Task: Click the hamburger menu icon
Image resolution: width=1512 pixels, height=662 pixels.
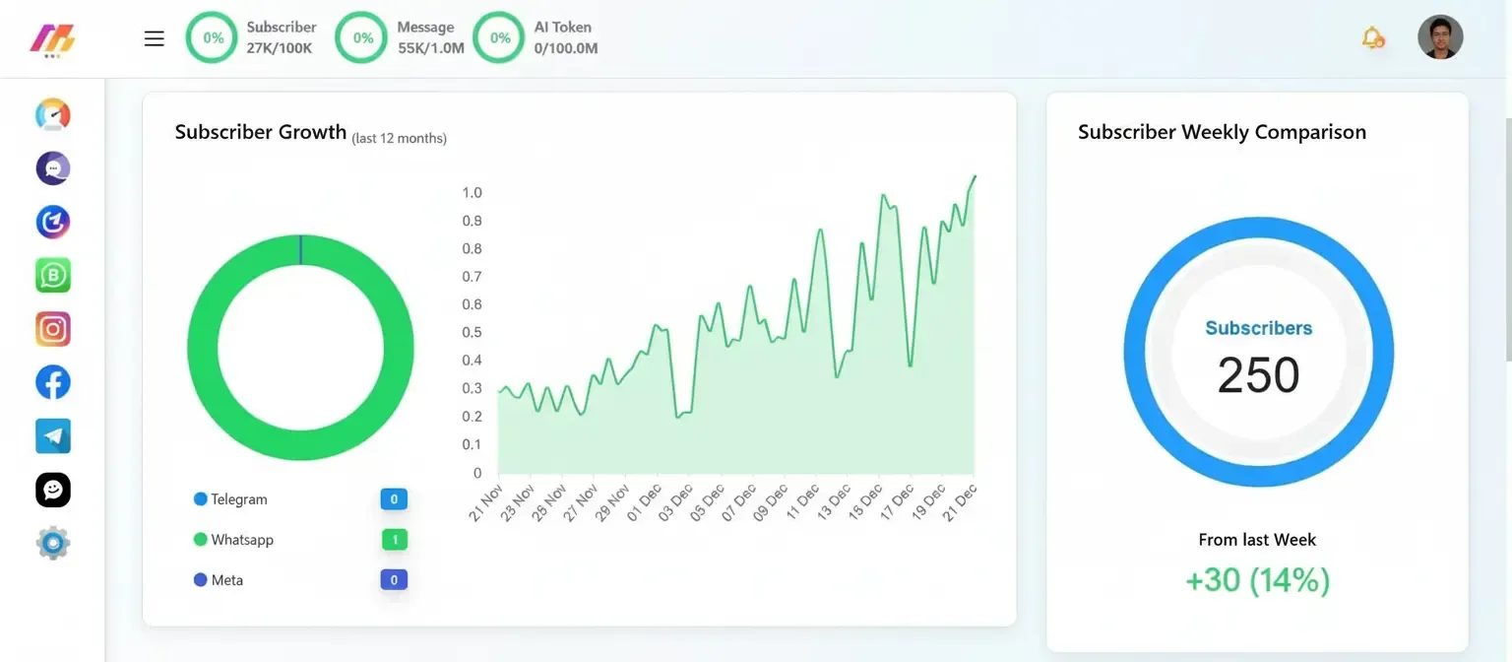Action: pyautogui.click(x=154, y=38)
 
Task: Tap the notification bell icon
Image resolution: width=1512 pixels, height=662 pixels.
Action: pyautogui.click(x=1372, y=38)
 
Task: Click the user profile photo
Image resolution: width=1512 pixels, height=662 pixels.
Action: pyautogui.click(x=1440, y=37)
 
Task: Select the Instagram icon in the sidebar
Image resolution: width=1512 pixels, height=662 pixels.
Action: pyautogui.click(x=53, y=329)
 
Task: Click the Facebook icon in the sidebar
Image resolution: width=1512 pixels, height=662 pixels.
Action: pyautogui.click(x=53, y=382)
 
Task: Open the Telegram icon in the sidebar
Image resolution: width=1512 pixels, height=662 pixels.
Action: pyautogui.click(x=53, y=435)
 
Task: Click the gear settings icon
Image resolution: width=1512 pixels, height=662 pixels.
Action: pyautogui.click(x=53, y=543)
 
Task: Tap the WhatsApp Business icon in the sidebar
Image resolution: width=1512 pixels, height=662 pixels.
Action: pyautogui.click(x=53, y=276)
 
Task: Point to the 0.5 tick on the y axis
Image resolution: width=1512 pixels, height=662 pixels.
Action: pyautogui.click(x=472, y=332)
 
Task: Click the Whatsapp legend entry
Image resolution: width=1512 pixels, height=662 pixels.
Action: pyautogui.click(x=241, y=540)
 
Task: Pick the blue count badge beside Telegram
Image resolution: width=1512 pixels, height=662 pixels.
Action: pyautogui.click(x=394, y=499)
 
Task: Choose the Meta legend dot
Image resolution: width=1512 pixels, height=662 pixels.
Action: pyautogui.click(x=201, y=580)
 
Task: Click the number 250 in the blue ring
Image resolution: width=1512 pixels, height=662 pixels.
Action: pyautogui.click(x=1258, y=375)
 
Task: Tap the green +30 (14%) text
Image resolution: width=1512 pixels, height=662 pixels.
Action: pyautogui.click(x=1257, y=580)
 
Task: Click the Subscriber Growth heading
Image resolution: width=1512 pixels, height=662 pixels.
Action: pyautogui.click(x=261, y=132)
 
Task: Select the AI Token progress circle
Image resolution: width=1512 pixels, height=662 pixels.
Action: pyautogui.click(x=499, y=37)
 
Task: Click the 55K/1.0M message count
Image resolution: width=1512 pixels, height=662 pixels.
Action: pyautogui.click(x=430, y=48)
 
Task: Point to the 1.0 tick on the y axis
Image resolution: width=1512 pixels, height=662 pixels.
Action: pyautogui.click(x=472, y=192)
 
